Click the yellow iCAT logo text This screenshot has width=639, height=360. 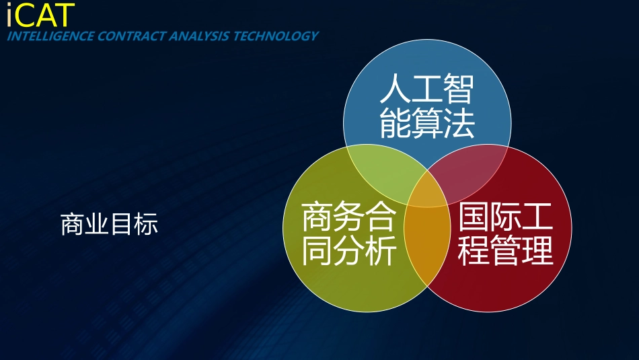click(40, 15)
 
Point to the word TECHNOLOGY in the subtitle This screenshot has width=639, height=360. click(275, 36)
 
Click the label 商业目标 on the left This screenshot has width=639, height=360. click(110, 224)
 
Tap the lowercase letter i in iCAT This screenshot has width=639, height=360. click(9, 15)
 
